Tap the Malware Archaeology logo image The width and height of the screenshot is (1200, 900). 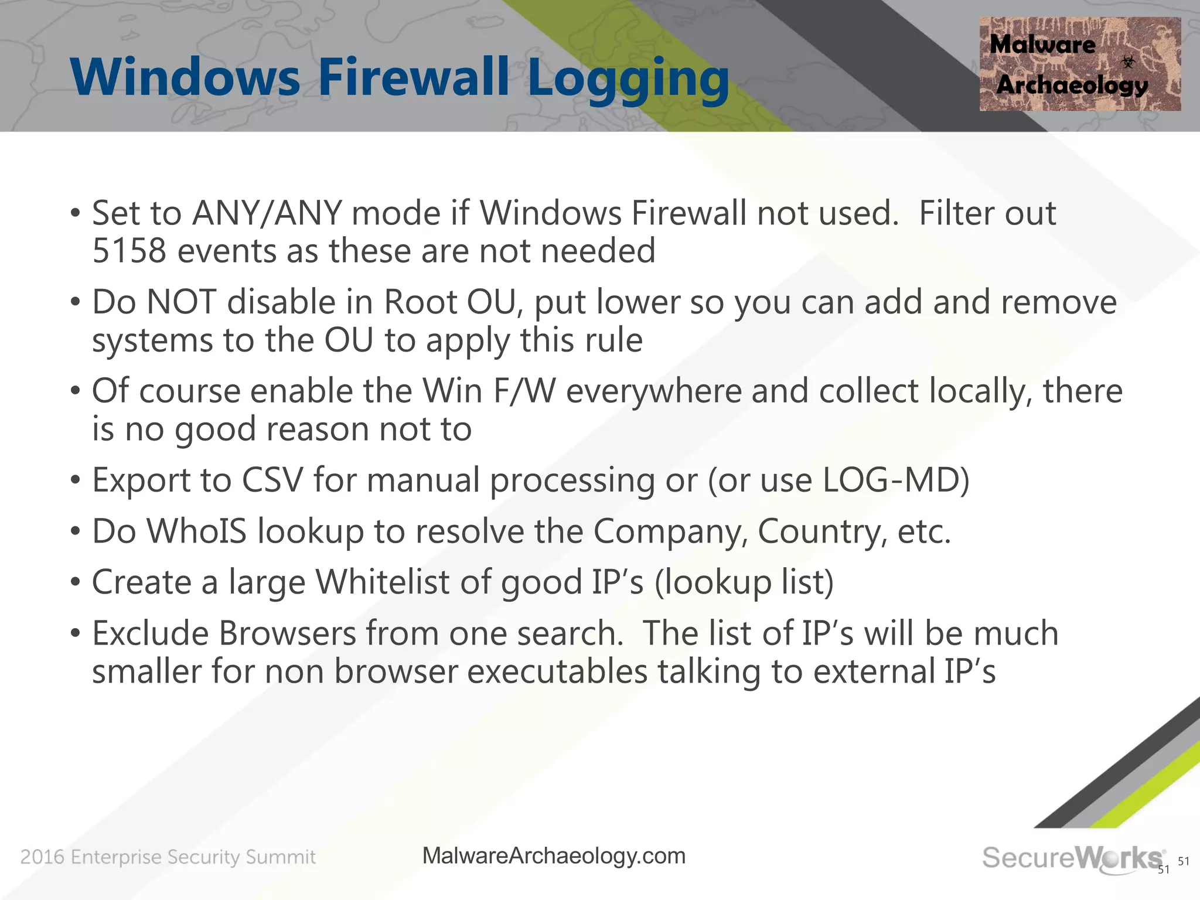click(1079, 64)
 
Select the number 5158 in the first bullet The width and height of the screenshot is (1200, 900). click(129, 251)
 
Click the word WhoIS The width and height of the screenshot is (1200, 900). click(196, 531)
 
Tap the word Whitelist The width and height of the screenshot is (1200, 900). click(382, 582)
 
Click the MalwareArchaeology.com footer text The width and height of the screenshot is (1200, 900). click(554, 856)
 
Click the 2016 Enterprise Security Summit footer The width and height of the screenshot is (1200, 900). click(168, 857)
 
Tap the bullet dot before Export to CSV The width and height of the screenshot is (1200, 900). click(74, 481)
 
